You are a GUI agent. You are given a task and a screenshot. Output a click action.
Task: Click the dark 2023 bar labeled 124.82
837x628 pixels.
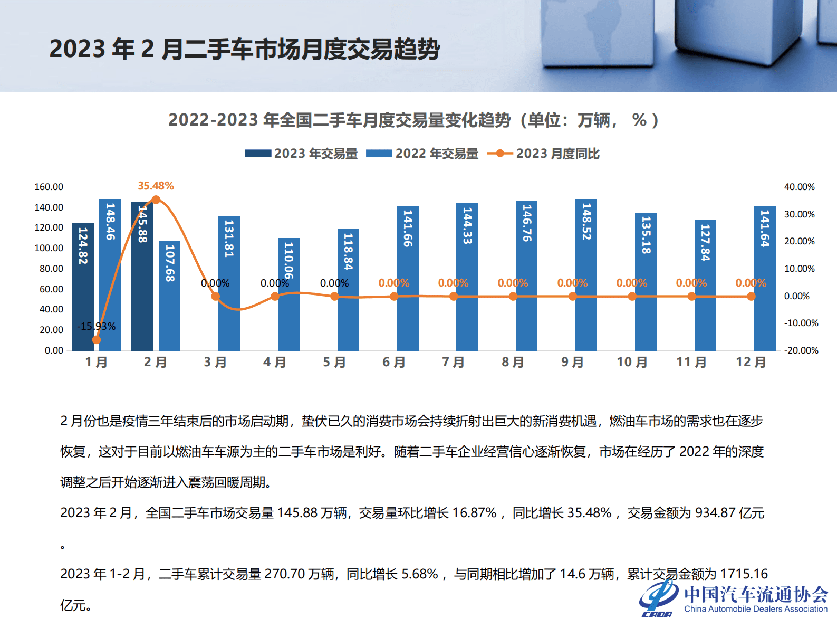83,288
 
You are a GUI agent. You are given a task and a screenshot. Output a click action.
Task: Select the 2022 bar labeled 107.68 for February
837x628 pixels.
169,296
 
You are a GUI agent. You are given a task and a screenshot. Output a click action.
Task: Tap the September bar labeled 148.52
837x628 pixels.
586,274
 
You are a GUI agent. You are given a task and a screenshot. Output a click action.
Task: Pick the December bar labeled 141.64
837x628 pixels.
765,278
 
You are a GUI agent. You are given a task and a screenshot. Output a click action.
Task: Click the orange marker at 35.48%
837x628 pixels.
156,199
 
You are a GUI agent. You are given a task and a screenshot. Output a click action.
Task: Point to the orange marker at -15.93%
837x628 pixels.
96,339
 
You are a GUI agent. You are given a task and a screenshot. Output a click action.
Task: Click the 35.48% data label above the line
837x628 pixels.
156,186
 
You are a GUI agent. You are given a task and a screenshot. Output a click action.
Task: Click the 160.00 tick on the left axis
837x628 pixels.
49,187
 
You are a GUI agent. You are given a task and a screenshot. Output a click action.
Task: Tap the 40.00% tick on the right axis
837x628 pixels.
799,187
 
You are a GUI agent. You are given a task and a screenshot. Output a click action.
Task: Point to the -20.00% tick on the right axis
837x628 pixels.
801,350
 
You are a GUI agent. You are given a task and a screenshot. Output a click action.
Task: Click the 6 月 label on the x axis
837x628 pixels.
393,362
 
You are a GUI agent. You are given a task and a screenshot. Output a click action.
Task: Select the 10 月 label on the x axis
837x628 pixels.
631,362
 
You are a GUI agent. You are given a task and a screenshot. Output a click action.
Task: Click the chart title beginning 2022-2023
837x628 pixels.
413,120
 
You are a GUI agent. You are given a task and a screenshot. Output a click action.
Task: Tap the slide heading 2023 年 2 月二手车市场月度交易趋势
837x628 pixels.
244,49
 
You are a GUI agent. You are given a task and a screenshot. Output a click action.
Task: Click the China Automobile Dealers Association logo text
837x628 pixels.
755,608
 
